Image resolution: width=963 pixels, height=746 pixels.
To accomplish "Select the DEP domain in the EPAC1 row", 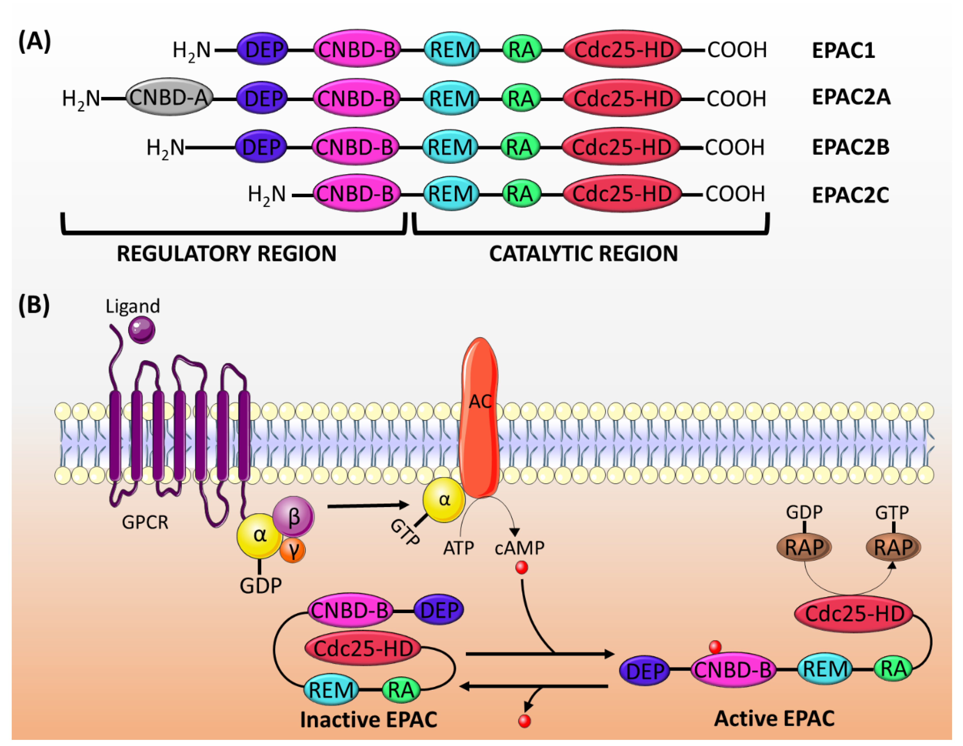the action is coord(263,49).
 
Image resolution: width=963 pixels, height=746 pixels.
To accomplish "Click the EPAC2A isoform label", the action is coord(851,97).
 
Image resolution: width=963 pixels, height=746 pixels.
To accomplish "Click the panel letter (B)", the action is coord(34,305).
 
